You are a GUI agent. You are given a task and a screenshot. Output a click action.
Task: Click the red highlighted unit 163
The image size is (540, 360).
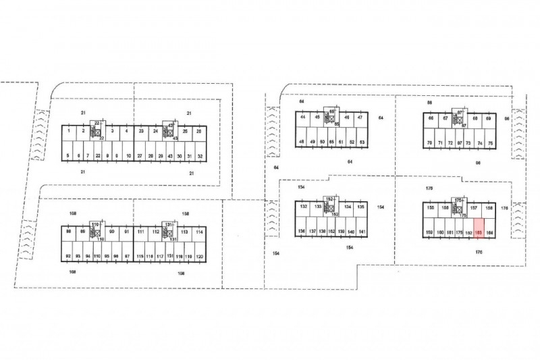pyautogui.click(x=479, y=232)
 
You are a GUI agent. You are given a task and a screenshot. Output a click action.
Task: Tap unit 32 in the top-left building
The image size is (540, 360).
pyautogui.click(x=200, y=155)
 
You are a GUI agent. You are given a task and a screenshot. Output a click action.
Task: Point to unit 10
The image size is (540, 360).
pyautogui.click(x=128, y=155)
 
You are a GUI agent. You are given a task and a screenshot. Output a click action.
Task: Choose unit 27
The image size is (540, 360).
pyautogui.click(x=139, y=155)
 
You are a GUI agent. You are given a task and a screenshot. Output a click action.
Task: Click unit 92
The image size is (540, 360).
pyautogui.click(x=68, y=257)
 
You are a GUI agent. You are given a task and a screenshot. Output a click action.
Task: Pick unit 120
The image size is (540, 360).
pyautogui.click(x=200, y=257)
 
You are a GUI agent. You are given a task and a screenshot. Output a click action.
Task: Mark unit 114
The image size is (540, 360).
pyautogui.click(x=199, y=232)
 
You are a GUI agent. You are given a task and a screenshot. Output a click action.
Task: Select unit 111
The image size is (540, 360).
pyautogui.click(x=140, y=232)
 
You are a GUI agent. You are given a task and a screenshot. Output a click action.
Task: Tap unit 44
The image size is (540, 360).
pyautogui.click(x=303, y=118)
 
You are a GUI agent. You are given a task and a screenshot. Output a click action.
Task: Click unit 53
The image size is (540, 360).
pyautogui.click(x=362, y=142)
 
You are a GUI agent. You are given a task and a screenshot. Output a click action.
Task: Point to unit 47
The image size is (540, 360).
pyautogui.click(x=360, y=118)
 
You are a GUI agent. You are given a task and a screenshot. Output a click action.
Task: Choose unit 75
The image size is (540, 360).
pyautogui.click(x=491, y=143)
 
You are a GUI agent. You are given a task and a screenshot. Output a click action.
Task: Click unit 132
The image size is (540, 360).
pyautogui.click(x=303, y=207)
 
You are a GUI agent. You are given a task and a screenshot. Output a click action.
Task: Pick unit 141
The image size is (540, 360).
pyautogui.click(x=362, y=231)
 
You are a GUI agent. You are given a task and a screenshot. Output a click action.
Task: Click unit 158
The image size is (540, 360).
pyautogui.click(x=489, y=207)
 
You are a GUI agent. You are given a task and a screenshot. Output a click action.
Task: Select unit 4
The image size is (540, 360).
pyautogui.click(x=127, y=130)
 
